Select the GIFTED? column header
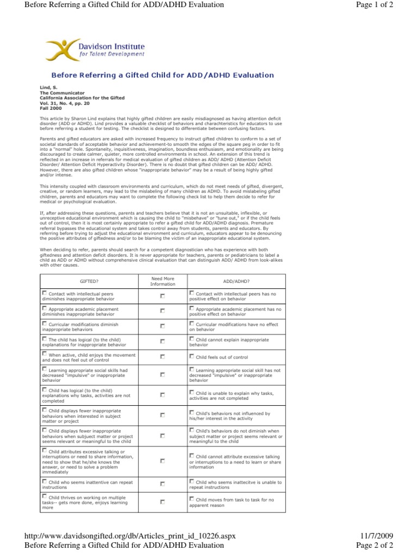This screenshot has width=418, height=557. tap(89, 281)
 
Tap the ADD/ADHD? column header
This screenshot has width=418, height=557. tap(236, 281)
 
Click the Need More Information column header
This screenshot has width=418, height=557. tap(163, 281)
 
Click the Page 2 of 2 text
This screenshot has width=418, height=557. tap(374, 545)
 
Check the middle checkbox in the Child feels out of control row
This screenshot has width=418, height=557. tap(163, 357)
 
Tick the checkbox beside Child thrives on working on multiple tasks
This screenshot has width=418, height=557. tap(45, 497)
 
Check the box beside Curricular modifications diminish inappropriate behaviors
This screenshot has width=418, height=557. tap(45, 323)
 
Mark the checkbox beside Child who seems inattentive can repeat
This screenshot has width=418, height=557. tap(45, 481)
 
